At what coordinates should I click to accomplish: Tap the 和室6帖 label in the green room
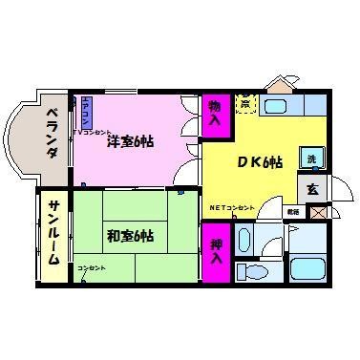(132, 235)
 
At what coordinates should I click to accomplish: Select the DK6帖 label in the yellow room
(259, 162)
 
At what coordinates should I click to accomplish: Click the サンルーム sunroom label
(53, 233)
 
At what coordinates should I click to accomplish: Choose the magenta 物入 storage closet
(215, 114)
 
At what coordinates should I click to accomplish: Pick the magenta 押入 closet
(216, 250)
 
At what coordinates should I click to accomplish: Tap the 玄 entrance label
(312, 188)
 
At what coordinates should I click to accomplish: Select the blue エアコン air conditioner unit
(85, 113)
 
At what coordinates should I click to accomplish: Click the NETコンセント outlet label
(232, 208)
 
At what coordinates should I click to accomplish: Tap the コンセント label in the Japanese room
(92, 267)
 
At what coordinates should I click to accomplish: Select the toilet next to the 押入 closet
(253, 273)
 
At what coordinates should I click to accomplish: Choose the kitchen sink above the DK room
(279, 107)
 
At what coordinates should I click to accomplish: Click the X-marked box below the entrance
(317, 210)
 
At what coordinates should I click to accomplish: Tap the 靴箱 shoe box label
(293, 211)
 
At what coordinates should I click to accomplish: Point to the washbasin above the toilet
(245, 239)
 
